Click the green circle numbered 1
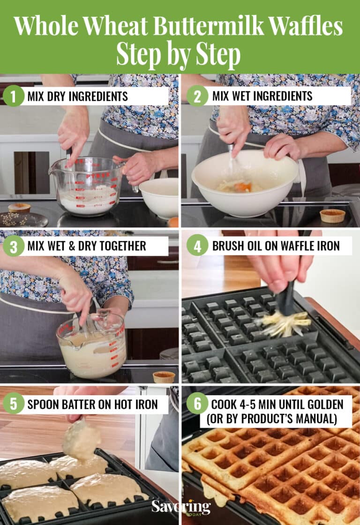(x=14, y=96)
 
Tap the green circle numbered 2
(x=197, y=96)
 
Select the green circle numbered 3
(x=14, y=246)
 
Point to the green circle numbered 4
(x=197, y=246)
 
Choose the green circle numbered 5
(x=14, y=404)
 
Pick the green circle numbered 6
(x=197, y=404)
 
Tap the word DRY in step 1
(x=58, y=97)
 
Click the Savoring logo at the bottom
(x=181, y=507)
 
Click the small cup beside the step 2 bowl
(x=332, y=216)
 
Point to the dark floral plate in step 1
(x=23, y=219)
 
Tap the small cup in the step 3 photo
(x=164, y=377)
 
